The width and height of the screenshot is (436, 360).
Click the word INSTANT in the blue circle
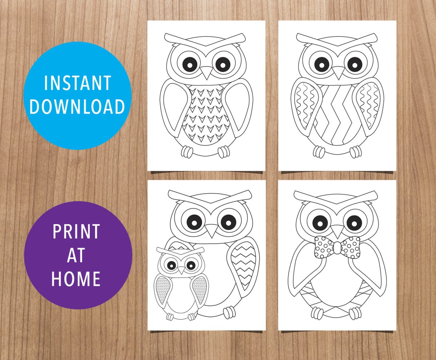coord(77,83)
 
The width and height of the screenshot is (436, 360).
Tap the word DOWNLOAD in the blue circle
coord(77,106)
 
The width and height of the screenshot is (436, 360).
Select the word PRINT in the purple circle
coord(76,231)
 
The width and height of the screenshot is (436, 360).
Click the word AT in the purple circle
coord(76,255)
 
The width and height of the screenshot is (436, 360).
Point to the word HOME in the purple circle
coord(76,279)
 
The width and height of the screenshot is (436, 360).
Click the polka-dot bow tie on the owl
coord(337,247)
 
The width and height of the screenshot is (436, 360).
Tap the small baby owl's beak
coord(181,270)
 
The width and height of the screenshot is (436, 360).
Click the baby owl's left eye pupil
coord(171,266)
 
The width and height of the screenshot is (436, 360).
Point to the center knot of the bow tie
coord(337,247)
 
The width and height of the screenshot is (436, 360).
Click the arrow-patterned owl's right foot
coord(224,152)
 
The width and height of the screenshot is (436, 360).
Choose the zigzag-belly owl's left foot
coord(319,152)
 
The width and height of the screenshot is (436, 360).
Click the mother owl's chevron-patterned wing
coord(244,266)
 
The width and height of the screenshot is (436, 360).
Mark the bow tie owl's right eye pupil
coord(354,223)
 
